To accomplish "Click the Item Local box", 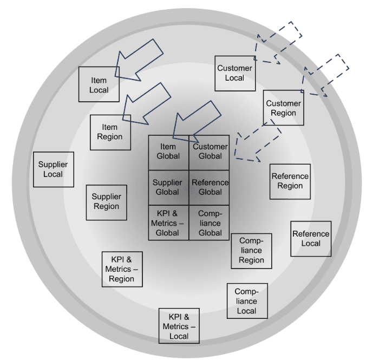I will click(99, 84).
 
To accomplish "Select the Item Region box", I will click(110, 132).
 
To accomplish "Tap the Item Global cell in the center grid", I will click(168, 152).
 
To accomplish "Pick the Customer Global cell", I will click(210, 152).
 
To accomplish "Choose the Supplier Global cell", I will click(168, 187).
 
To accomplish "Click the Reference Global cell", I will click(210, 187).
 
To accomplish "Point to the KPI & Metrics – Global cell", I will click(168, 222).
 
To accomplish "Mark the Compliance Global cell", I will click(210, 222).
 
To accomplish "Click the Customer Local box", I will click(234, 73).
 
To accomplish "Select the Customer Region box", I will click(283, 108).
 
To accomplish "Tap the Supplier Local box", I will click(54, 169).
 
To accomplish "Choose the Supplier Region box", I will click(106, 201).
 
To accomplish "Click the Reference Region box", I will click(290, 181).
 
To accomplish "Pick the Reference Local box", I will click(311, 238).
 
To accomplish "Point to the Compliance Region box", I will click(251, 251).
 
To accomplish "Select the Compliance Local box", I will click(247, 301).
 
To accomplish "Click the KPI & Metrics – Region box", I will click(122, 269).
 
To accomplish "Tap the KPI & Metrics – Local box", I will click(179, 326).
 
